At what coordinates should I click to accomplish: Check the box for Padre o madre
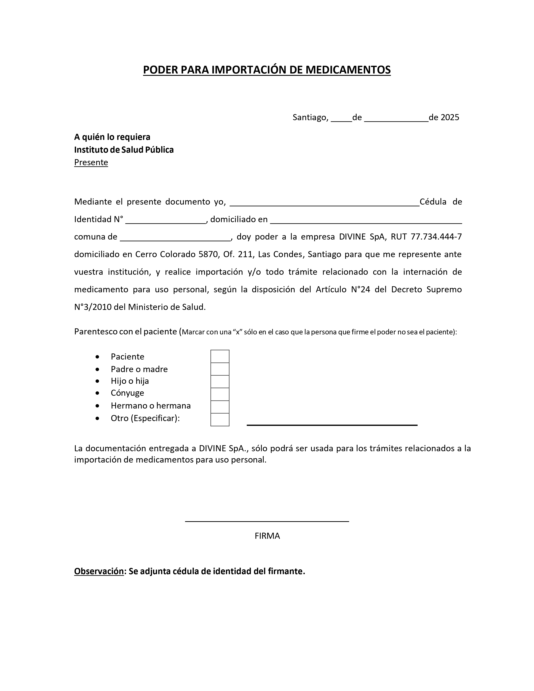(220, 369)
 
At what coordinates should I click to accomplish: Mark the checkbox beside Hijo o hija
(220, 382)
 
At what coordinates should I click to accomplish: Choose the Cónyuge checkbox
(220, 394)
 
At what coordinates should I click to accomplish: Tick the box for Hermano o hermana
(220, 407)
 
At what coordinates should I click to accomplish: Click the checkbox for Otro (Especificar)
(220, 420)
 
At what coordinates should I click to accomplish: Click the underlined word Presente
(91, 162)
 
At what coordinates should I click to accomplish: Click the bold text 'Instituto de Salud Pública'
(124, 150)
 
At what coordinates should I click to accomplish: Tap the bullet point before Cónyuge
(97, 393)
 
